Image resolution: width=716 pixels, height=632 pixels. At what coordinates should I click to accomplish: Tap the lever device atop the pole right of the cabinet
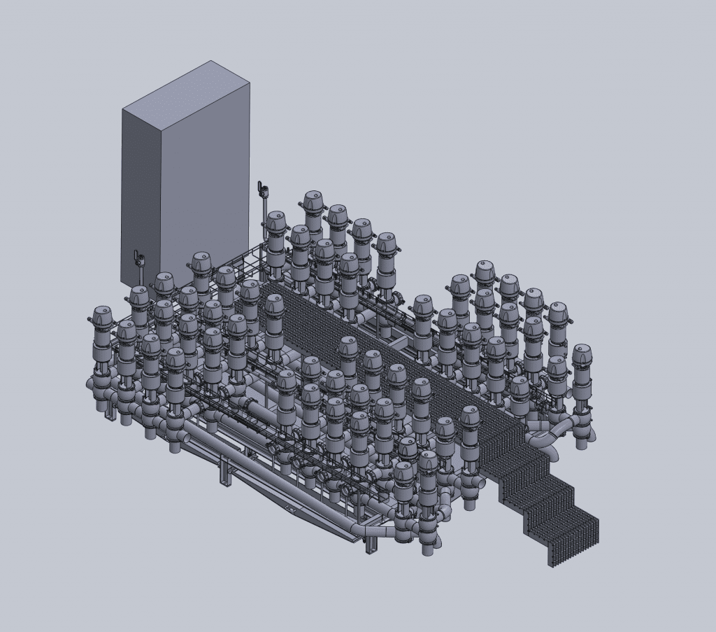264,188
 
